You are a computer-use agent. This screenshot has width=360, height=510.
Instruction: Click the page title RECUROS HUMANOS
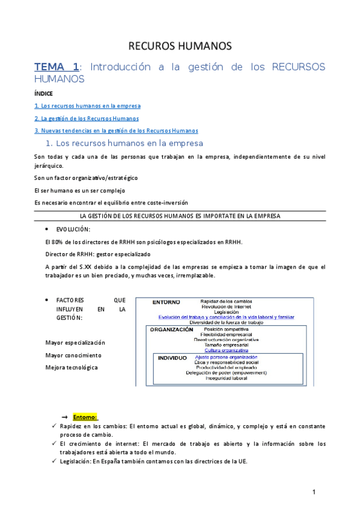[180, 46]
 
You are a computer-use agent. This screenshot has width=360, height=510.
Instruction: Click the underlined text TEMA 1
[56, 67]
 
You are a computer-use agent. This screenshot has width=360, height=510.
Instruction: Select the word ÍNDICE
[44, 94]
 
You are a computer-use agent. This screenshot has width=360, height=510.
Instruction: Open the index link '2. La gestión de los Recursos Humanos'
[87, 118]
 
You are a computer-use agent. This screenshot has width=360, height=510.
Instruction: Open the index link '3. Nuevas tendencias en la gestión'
[116, 131]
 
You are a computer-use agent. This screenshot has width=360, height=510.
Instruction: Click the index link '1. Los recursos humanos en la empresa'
[88, 106]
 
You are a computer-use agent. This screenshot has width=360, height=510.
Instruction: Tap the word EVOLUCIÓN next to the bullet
[73, 230]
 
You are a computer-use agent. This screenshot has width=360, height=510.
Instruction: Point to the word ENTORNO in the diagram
[166, 301]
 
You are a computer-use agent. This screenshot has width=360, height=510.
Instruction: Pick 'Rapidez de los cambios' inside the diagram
[226, 301]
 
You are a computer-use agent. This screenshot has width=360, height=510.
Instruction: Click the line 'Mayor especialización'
[75, 343]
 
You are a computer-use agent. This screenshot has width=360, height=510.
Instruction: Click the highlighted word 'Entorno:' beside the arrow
[85, 417]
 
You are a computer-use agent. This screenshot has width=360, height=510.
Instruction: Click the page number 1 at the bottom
[314, 493]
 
